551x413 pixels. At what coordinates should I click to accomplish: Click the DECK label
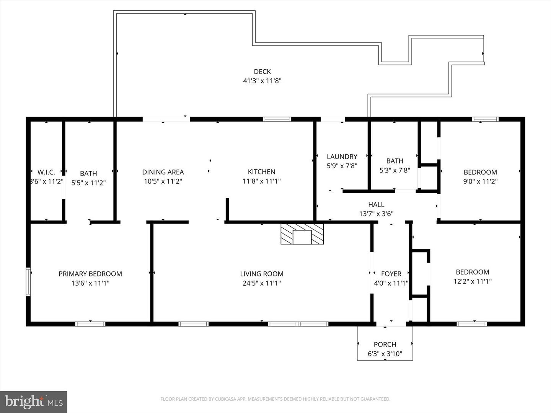262,72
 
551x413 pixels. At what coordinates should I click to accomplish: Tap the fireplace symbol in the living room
302,234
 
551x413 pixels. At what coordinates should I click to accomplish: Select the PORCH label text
385,344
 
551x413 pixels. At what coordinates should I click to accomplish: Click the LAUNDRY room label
342,157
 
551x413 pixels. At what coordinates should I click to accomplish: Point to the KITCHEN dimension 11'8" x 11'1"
261,181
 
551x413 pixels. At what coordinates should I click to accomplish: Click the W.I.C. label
46,172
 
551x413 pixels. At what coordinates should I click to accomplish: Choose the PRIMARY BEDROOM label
90,274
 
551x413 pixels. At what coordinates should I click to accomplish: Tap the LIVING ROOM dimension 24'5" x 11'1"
262,283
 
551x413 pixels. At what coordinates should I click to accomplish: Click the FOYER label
391,274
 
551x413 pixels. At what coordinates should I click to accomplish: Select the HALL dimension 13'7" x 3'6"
376,214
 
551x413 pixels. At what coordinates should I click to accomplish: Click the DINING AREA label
163,172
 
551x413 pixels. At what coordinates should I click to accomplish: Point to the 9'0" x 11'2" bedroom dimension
480,182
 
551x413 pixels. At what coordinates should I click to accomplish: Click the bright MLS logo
34,402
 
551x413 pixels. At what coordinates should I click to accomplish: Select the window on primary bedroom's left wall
28,282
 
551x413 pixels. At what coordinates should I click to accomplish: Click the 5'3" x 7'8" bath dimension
395,170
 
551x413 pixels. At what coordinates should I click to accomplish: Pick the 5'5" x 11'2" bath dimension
88,183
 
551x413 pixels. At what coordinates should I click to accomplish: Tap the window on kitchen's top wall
277,119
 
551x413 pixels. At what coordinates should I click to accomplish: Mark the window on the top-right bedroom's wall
485,119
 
